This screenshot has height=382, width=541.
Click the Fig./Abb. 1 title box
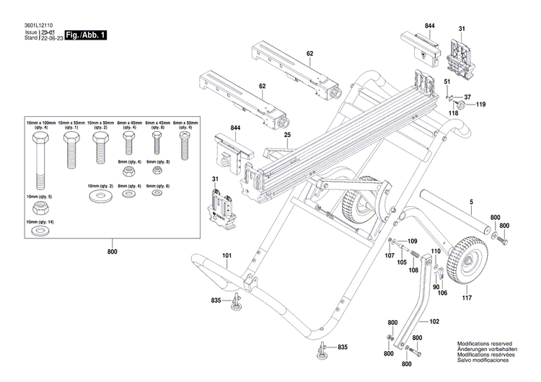click(x=85, y=35)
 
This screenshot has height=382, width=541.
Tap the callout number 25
click(x=286, y=135)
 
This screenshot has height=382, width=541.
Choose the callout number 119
click(x=481, y=105)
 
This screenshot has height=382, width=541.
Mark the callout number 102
click(x=434, y=322)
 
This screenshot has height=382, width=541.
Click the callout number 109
click(x=413, y=240)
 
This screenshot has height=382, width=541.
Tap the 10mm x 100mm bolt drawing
click(x=39, y=159)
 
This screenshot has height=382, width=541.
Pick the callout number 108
click(x=414, y=270)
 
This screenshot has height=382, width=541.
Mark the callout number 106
click(x=443, y=293)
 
